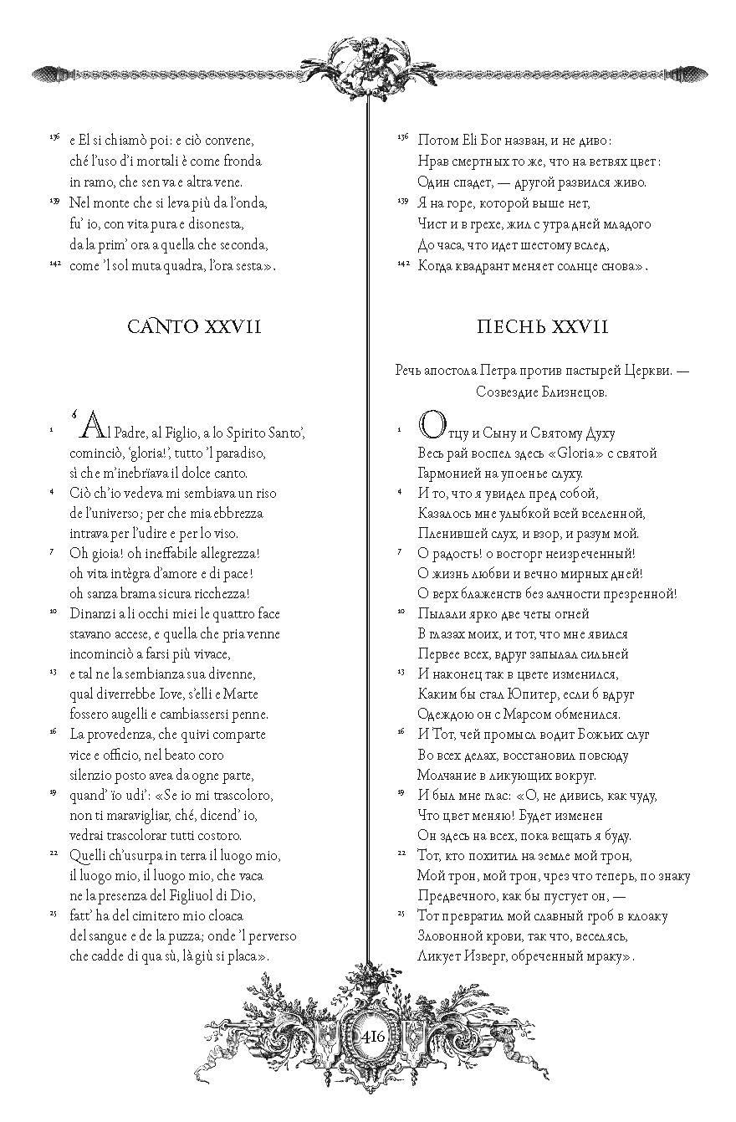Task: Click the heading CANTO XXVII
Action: point(194,326)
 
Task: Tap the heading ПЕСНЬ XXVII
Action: point(542,326)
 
